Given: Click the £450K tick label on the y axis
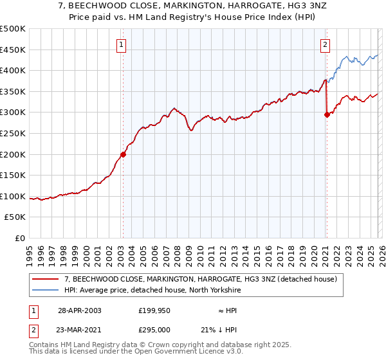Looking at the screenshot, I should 13,50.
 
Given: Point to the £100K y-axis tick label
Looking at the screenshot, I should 13,196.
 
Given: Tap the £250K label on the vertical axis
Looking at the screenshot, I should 13,133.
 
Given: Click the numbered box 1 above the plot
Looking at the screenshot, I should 122,44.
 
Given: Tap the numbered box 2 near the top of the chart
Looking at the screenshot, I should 326,44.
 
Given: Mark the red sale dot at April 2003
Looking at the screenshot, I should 123,154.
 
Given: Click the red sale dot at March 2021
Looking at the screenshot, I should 327,115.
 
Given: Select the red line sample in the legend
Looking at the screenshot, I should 45,280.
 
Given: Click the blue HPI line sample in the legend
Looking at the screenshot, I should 45,291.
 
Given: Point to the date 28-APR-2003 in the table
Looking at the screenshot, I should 79,310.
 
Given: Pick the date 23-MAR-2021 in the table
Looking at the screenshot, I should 80,330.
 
